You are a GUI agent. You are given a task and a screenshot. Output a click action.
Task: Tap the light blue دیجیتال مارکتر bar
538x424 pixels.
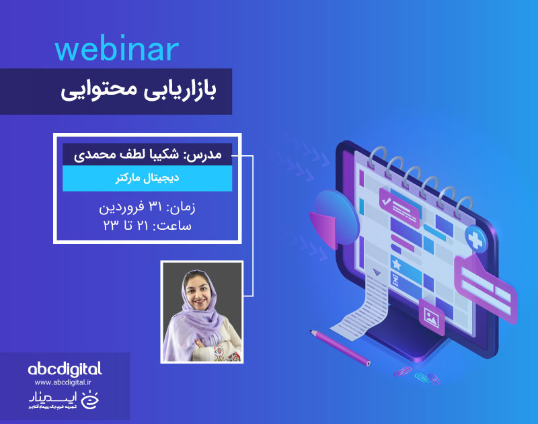click(x=147, y=179)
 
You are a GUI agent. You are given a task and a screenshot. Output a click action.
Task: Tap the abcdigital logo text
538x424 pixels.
click(x=65, y=368)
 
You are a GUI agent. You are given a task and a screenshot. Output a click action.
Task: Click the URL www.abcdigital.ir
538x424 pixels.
click(x=65, y=384)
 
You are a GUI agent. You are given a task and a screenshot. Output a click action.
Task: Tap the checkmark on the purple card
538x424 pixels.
click(x=385, y=200)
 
